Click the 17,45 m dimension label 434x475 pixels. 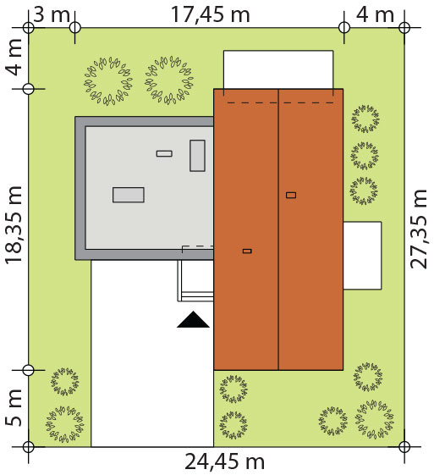pyautogui.click(x=211, y=14)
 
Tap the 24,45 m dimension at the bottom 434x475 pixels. pyautogui.click(x=224, y=461)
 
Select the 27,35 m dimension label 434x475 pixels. pyautogui.click(x=418, y=229)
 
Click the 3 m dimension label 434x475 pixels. pyautogui.click(x=52, y=14)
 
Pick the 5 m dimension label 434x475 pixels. pyautogui.click(x=14, y=408)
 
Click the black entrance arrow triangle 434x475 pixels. pyautogui.click(x=193, y=319)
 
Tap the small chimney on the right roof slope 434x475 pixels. pyautogui.click(x=291, y=195)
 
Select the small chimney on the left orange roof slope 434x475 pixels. pyautogui.click(x=247, y=251)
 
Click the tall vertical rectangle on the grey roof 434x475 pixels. pyautogui.click(x=197, y=156)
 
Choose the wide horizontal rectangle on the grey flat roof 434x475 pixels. pyautogui.click(x=129, y=195)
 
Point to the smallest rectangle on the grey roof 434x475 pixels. pyautogui.click(x=164, y=153)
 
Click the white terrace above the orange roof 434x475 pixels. pyautogui.click(x=278, y=69)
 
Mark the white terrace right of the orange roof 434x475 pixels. pyautogui.click(x=362, y=256)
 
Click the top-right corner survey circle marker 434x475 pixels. pyautogui.click(x=404, y=28)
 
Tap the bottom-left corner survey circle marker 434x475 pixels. pyautogui.click(x=29, y=446)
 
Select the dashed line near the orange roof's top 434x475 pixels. pyautogui.click(x=280, y=102)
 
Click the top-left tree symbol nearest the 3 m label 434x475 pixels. pyautogui.click(x=108, y=81)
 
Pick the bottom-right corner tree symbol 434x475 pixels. pyautogui.click(x=375, y=419)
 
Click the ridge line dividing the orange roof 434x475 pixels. pyautogui.click(x=278, y=229)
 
